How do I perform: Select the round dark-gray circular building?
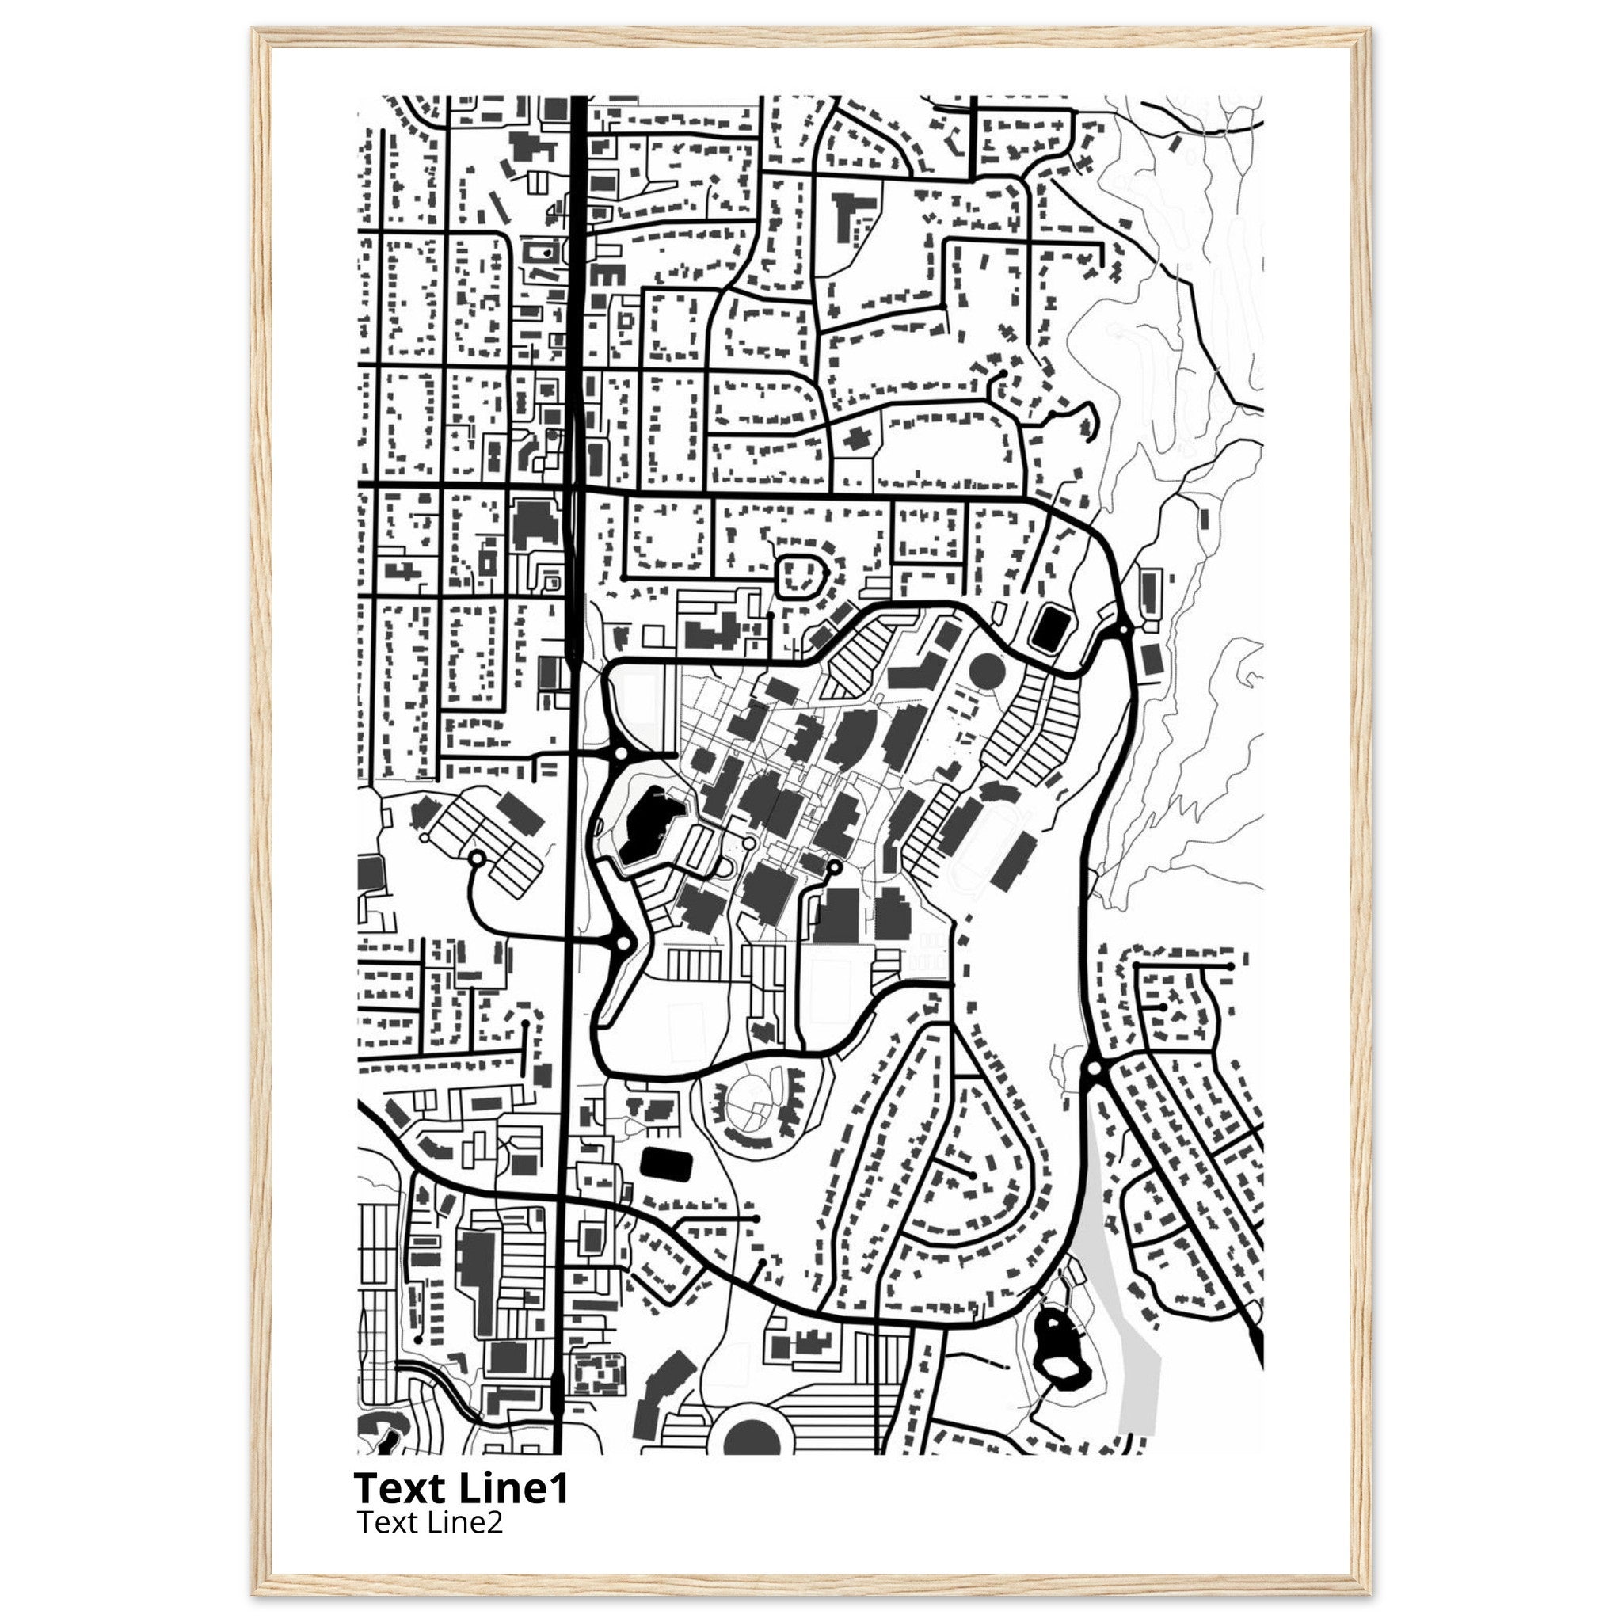point(988,672)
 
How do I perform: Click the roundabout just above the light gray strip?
point(1093,1068)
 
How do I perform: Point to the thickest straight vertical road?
point(578,336)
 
